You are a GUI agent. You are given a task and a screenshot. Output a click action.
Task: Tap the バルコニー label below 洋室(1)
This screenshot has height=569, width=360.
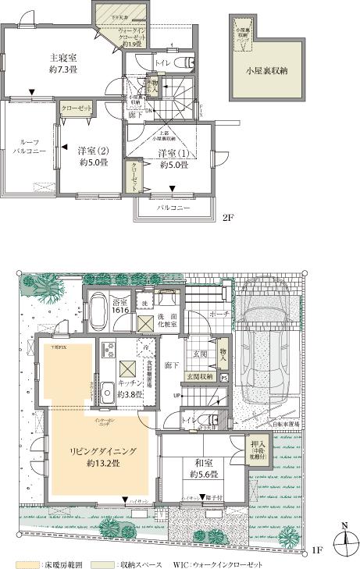(x=173, y=209)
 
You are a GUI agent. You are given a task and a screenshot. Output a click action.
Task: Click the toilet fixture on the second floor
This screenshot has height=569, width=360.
(x=179, y=62)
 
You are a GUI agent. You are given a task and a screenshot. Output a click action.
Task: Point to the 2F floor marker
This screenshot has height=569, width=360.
(x=227, y=219)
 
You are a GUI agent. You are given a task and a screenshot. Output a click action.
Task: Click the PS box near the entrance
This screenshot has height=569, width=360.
(x=225, y=378)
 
